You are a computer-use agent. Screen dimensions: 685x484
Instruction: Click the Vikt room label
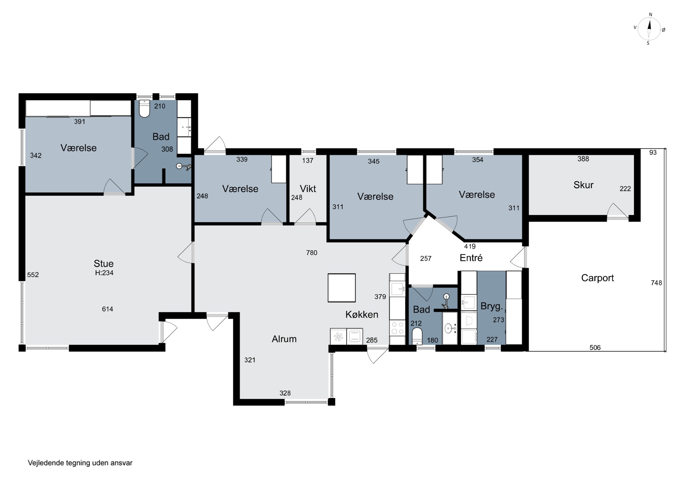click(308, 188)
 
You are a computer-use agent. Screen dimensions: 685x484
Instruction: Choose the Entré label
click(471, 258)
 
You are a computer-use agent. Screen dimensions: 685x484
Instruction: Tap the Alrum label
click(284, 339)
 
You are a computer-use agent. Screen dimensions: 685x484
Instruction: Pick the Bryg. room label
click(492, 306)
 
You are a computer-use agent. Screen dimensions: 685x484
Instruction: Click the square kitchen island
click(341, 288)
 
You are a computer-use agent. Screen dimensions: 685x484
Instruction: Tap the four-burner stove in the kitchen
click(397, 328)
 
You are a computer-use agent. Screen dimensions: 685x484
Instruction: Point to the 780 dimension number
click(311, 253)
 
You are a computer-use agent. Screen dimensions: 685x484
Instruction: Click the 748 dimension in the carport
click(656, 283)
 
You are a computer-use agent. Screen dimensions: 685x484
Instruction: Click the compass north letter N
click(651, 15)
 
